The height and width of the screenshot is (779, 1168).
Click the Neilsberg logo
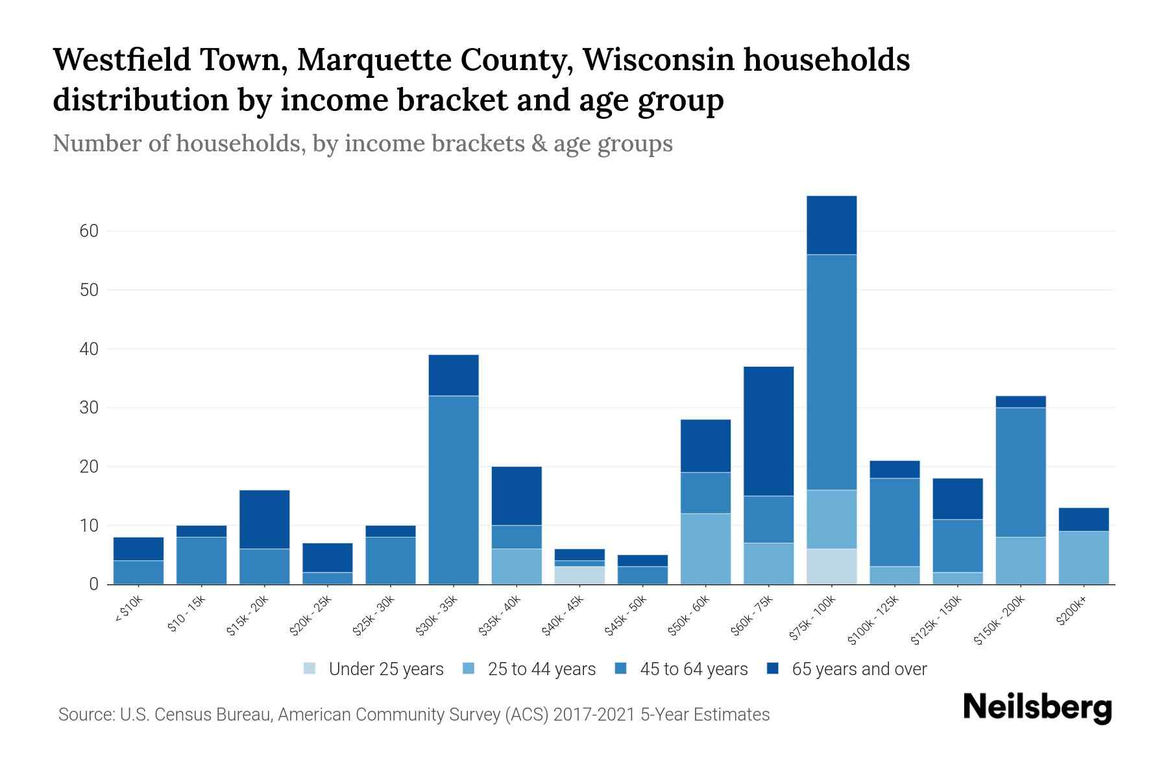[x=1037, y=707]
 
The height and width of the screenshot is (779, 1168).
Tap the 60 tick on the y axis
[x=89, y=231]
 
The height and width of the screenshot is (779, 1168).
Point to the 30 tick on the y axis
[x=89, y=408]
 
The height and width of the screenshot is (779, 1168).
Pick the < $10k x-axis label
[x=128, y=610]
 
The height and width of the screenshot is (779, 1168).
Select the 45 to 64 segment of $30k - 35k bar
[x=454, y=490]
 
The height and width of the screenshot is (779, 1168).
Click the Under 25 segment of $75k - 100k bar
[x=832, y=566]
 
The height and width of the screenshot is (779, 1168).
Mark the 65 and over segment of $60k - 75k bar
[x=769, y=431]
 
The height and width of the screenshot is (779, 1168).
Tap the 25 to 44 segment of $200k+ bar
[x=1084, y=558]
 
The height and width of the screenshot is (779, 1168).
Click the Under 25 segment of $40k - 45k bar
[x=579, y=575]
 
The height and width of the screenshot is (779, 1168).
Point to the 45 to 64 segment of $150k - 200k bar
[x=1021, y=472]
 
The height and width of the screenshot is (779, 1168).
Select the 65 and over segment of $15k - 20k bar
[x=264, y=519]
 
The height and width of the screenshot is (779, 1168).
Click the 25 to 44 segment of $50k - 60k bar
[x=705, y=549]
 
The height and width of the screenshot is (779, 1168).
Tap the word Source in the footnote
[x=84, y=715]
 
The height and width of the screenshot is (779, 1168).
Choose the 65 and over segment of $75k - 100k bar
[x=832, y=225]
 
